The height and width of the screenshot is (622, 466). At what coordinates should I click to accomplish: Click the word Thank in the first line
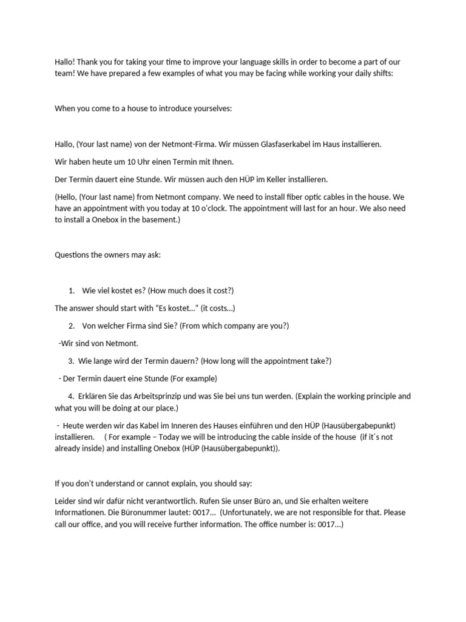[89, 62]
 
